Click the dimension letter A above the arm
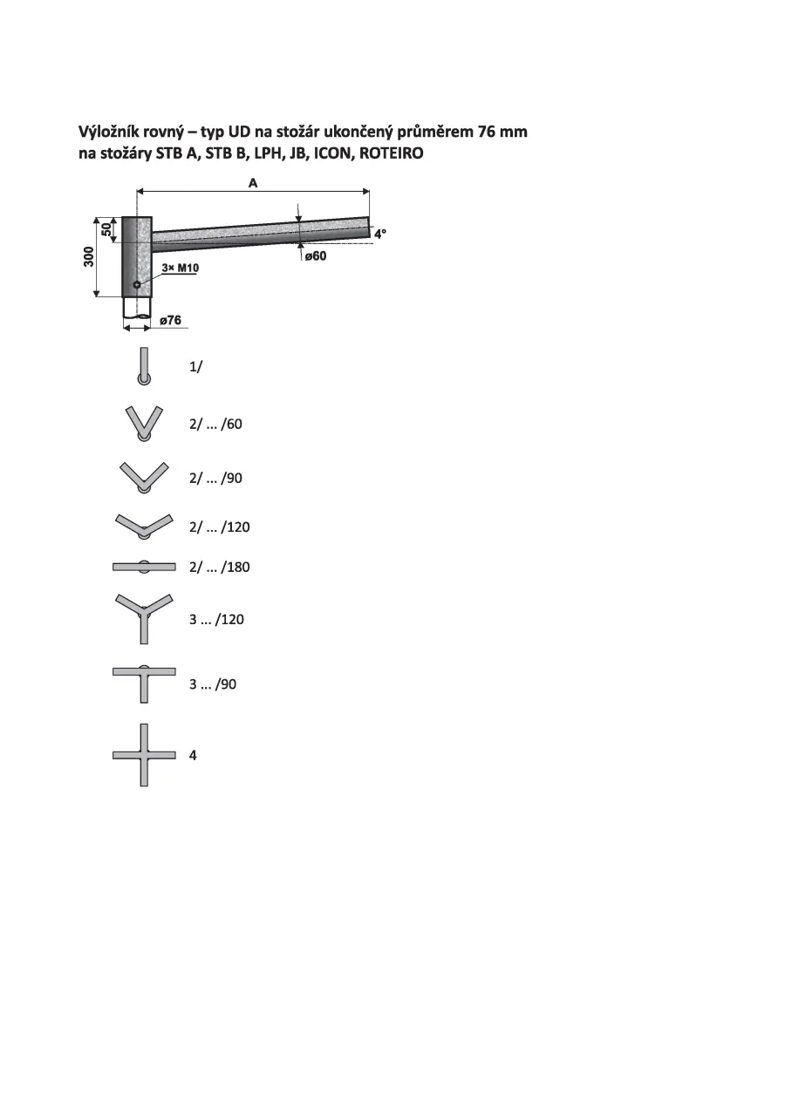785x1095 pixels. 252,183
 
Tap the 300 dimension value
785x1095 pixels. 89,257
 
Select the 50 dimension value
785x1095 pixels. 106,229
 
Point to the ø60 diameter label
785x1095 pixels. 316,255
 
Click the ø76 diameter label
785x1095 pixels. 170,320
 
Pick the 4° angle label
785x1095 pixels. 380,234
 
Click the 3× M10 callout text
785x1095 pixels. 181,268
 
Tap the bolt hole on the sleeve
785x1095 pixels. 137,284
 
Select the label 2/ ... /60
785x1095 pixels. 215,424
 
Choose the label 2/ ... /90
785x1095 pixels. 215,478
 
